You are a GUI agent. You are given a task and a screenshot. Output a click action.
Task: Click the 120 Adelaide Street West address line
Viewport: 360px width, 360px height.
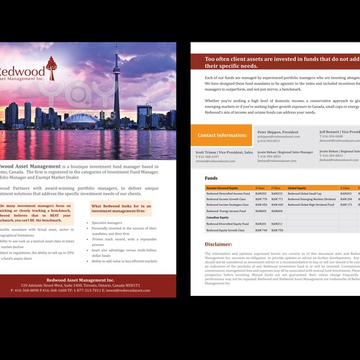pyautogui.click(x=86, y=285)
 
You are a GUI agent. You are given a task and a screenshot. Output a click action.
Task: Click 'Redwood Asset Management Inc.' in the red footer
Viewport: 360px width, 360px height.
pyautogui.click(x=86, y=279)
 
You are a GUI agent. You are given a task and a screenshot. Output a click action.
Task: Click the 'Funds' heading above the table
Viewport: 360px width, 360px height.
pyautogui.click(x=211, y=177)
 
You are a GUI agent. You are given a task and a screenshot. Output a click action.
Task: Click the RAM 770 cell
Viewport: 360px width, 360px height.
pyautogui.click(x=261, y=199)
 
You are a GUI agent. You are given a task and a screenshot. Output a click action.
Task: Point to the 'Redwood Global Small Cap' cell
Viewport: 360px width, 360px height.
pyautogui.click(x=310, y=194)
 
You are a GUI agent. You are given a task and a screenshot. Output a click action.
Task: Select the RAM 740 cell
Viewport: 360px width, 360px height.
pyautogui.click(x=261, y=230)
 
